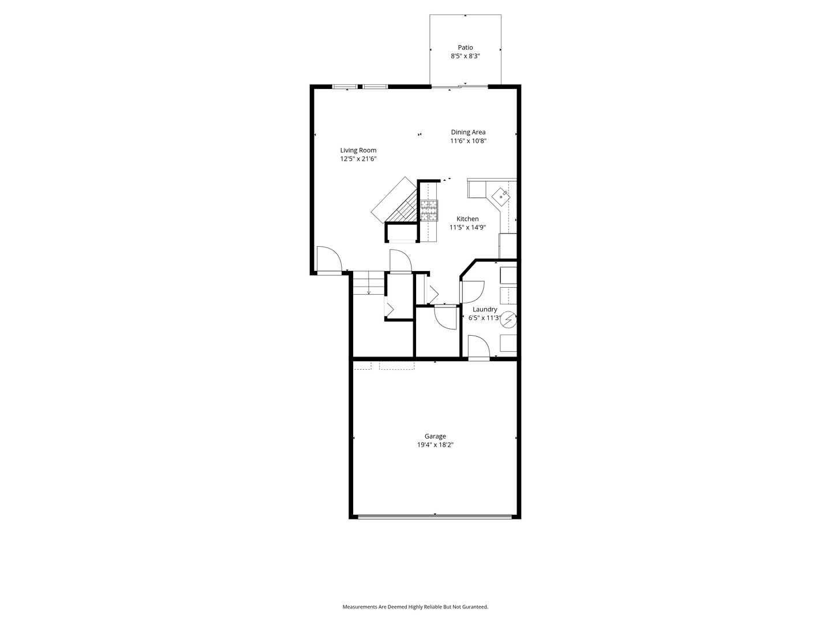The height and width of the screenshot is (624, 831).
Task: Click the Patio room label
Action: click(x=465, y=47)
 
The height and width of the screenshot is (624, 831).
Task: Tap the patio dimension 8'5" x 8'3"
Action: click(x=465, y=57)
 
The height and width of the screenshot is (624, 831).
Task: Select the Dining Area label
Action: click(x=468, y=132)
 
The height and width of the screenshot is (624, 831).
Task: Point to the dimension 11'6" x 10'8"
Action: click(x=468, y=141)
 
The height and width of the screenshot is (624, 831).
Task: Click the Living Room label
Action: click(x=358, y=150)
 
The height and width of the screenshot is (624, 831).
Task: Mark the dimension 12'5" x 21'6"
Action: click(x=358, y=159)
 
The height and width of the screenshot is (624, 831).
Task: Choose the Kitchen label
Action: click(x=467, y=218)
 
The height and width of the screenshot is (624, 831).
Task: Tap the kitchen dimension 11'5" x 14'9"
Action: click(x=467, y=228)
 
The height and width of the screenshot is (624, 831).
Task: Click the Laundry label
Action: click(x=485, y=309)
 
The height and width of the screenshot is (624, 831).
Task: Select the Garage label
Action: click(x=435, y=436)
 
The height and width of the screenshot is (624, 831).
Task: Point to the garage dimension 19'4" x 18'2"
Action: click(x=435, y=445)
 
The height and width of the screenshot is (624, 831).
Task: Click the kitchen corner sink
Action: click(x=501, y=196)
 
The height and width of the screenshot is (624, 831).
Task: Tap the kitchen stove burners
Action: click(x=429, y=211)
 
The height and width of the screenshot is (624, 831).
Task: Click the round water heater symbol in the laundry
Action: click(x=508, y=320)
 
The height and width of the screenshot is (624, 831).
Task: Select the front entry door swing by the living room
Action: click(x=328, y=259)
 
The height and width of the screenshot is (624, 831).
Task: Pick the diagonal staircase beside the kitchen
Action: click(x=394, y=201)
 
